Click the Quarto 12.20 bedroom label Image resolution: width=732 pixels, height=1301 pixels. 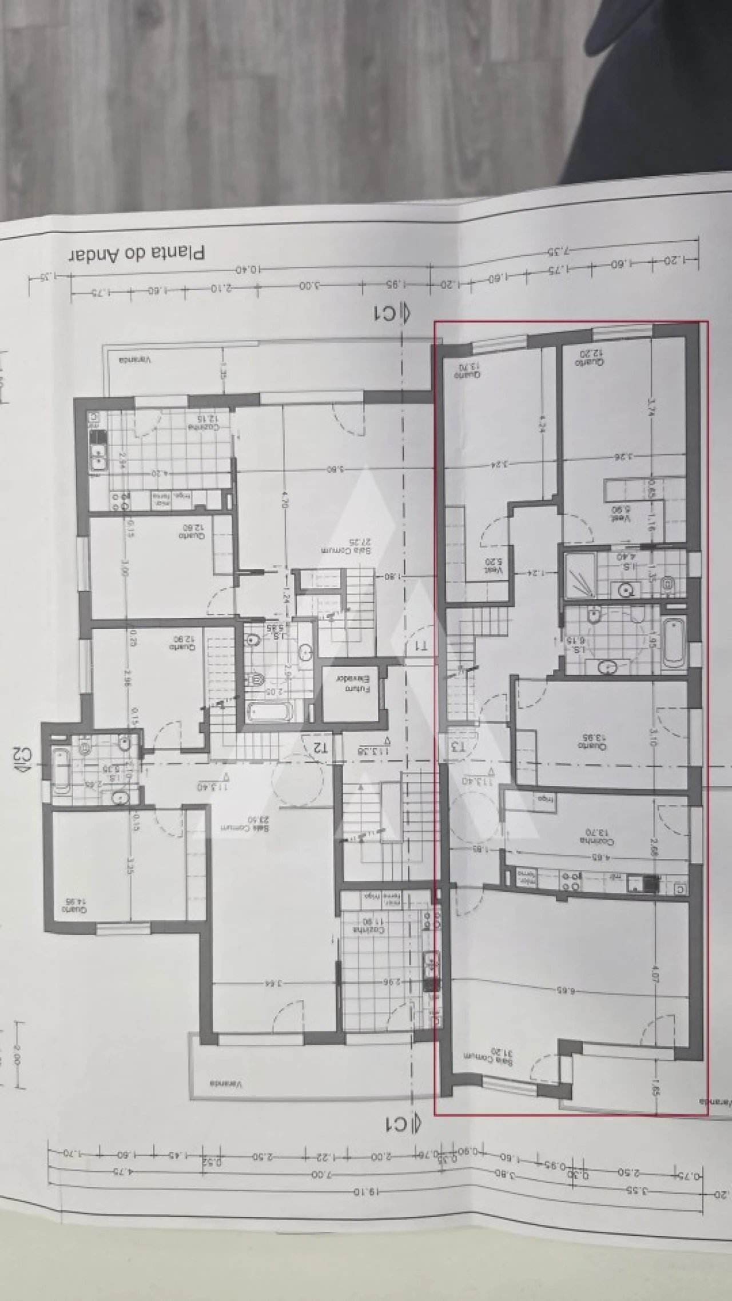pos(590,358)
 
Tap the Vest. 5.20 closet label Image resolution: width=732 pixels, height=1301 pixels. pos(494,566)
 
